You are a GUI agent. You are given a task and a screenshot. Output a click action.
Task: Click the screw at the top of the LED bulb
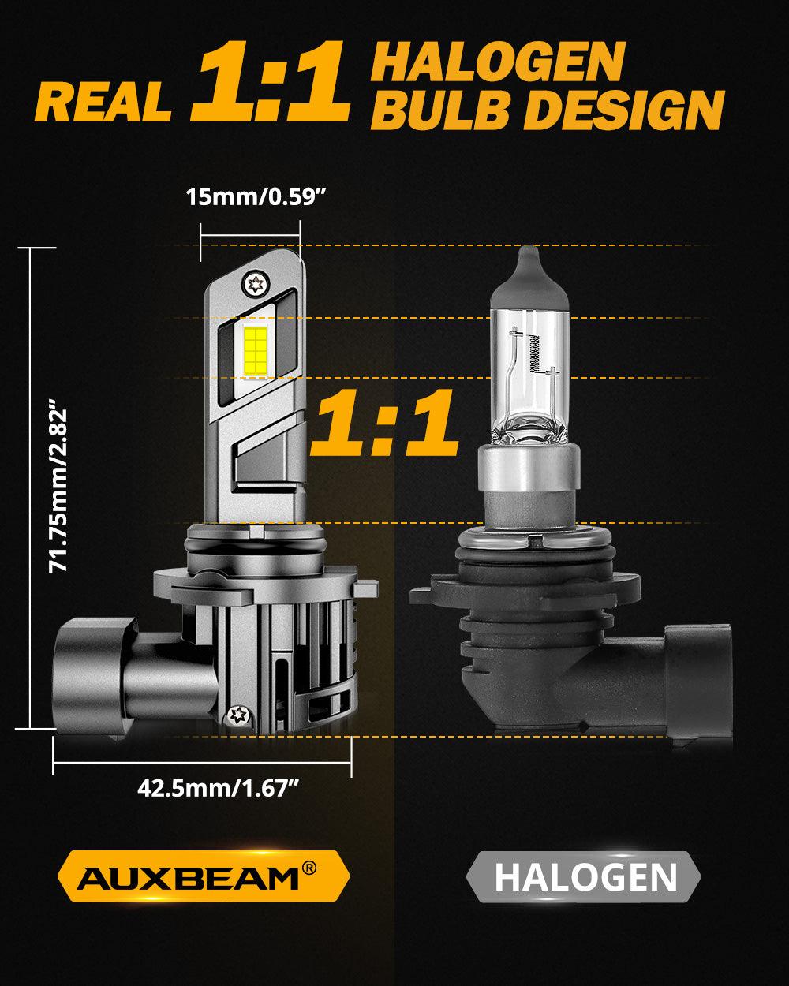point(256,282)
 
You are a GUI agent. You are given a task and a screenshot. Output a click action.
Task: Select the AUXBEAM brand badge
point(204,876)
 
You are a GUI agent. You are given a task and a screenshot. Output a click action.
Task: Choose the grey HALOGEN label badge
point(585,876)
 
